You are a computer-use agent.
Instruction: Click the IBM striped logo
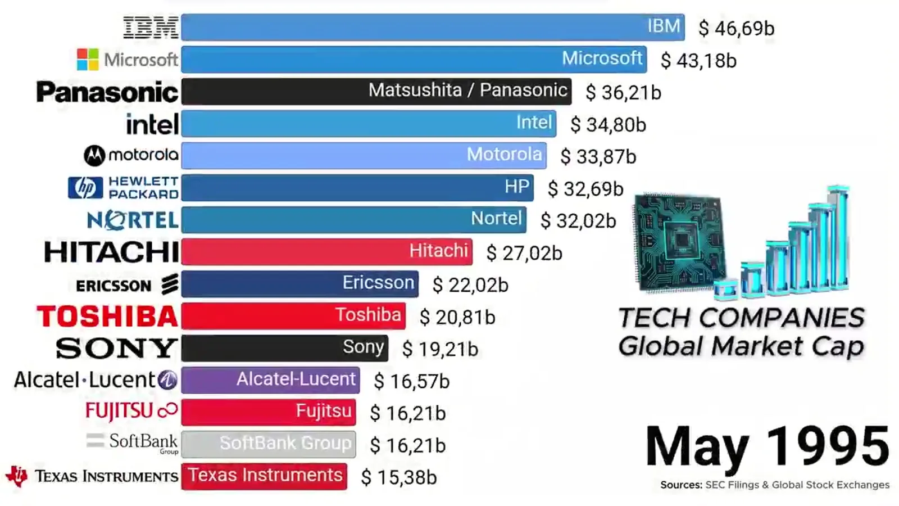point(151,28)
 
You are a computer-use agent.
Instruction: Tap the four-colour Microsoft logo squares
point(88,60)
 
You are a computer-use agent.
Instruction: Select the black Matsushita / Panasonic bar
point(376,92)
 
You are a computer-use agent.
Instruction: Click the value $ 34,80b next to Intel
point(608,124)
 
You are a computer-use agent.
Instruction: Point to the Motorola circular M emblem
point(94,155)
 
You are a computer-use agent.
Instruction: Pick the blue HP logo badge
point(85,188)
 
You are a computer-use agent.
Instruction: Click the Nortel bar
point(353,220)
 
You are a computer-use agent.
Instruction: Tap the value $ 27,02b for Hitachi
point(524,253)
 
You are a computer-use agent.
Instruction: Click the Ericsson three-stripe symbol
point(170,284)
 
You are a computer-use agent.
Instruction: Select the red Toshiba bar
point(293,316)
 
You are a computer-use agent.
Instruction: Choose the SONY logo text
point(116,348)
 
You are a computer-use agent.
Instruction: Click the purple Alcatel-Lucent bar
point(270,380)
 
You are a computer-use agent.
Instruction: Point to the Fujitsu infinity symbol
point(168,410)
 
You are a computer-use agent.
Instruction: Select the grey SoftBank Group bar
point(269,444)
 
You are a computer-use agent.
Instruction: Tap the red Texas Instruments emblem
point(17,476)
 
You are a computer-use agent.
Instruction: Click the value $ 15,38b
point(398,477)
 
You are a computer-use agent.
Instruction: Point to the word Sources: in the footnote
point(682,485)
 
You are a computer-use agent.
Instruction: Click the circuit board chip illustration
point(680,242)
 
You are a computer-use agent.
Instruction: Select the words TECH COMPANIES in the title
point(741,318)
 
